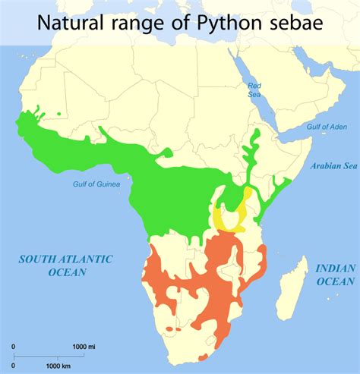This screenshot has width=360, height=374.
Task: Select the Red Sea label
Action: [x=254, y=90]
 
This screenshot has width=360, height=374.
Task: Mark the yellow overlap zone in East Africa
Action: [x=226, y=217]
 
